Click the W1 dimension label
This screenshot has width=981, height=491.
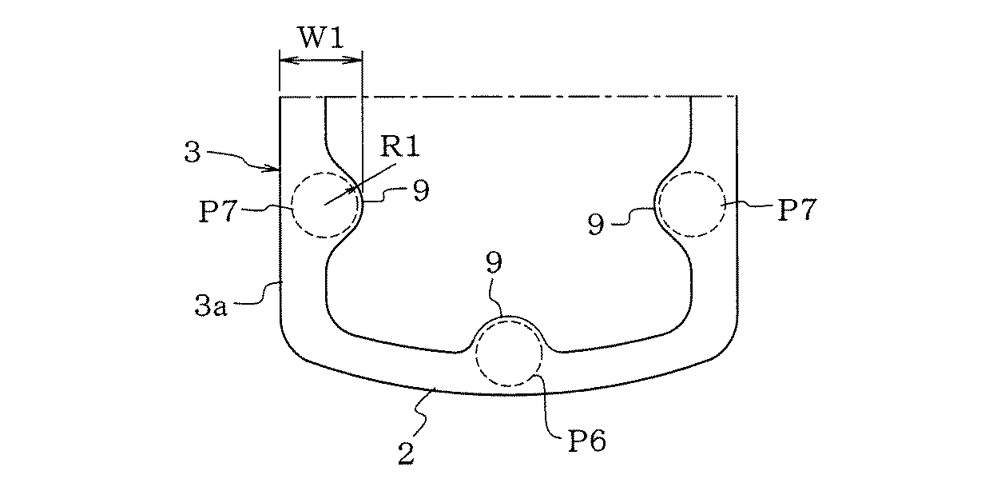[322, 38]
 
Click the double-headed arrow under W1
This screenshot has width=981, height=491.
[320, 60]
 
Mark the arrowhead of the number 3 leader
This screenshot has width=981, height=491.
[276, 169]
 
